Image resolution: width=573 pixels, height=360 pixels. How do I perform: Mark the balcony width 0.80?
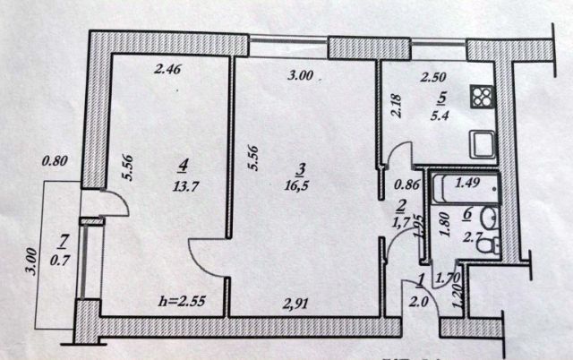point(55,163)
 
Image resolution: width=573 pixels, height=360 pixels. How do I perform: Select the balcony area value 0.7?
point(62,260)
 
